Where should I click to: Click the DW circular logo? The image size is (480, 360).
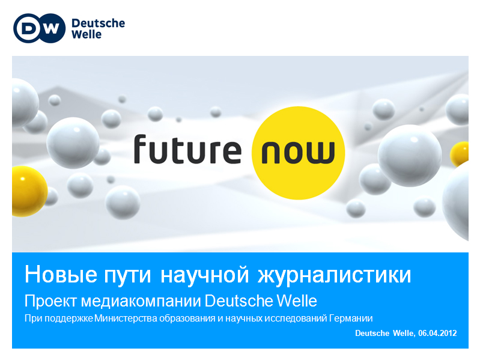tap(40, 28)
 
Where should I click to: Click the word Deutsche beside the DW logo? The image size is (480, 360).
tap(99, 23)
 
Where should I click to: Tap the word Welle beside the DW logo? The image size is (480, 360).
tap(87, 34)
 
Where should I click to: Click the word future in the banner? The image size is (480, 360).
tap(187, 150)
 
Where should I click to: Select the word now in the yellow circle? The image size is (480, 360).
tap(298, 152)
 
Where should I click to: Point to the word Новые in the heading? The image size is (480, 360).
tap(61, 274)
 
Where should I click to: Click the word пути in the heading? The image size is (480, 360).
tap(127, 275)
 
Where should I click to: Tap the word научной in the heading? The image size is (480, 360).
tap(204, 275)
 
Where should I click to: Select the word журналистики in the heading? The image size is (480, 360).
tap(335, 275)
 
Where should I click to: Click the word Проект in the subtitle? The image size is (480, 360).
tap(50, 301)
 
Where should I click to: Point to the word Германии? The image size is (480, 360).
tap(351, 319)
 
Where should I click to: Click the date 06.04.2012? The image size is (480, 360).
tap(437, 333)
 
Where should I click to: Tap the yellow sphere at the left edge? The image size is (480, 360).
tap(29, 191)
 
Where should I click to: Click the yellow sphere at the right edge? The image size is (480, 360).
tap(459, 154)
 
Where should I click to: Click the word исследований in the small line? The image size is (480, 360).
tap(296, 319)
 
